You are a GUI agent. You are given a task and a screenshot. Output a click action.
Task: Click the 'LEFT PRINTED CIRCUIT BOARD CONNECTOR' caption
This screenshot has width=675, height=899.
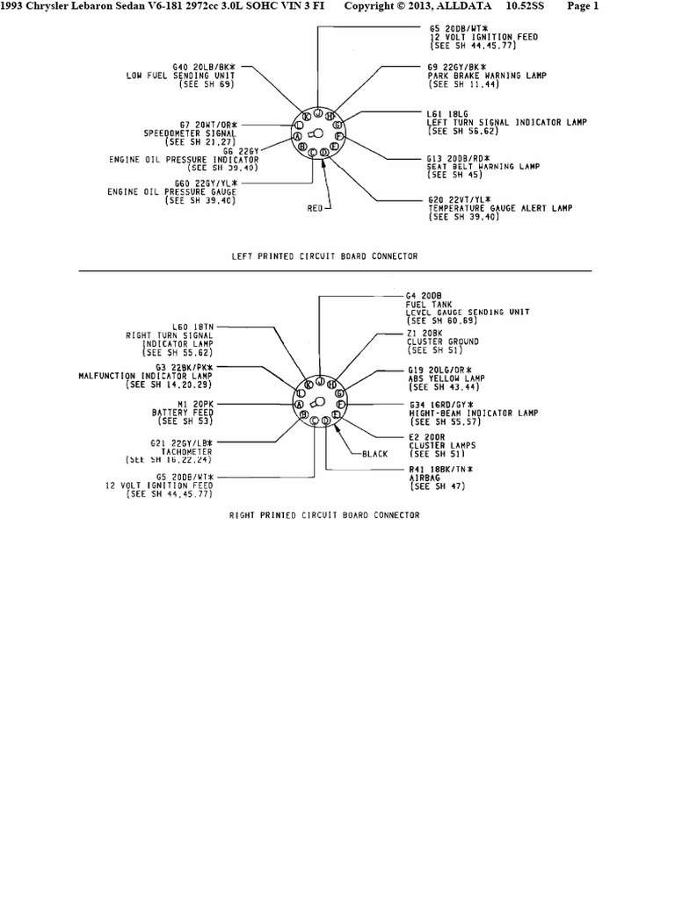pyautogui.click(x=324, y=256)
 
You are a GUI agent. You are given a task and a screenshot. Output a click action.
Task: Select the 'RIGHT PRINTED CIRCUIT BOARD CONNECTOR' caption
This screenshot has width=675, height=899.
pyautogui.click(x=324, y=515)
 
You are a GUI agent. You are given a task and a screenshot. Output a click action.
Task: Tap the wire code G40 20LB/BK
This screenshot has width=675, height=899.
pyautogui.click(x=204, y=67)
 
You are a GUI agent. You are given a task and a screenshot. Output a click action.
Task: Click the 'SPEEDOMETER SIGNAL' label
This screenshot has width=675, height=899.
pyautogui.click(x=191, y=133)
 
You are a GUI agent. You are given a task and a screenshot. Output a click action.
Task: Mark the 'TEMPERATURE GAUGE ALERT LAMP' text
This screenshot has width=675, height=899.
pyautogui.click(x=499, y=208)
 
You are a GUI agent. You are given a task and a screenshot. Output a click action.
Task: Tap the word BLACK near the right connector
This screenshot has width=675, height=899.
pyautogui.click(x=374, y=454)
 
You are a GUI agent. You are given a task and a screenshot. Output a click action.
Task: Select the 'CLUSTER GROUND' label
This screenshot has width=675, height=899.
pyautogui.click(x=442, y=341)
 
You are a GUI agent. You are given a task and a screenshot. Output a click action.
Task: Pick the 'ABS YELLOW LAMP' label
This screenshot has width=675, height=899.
pyautogui.click(x=444, y=378)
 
